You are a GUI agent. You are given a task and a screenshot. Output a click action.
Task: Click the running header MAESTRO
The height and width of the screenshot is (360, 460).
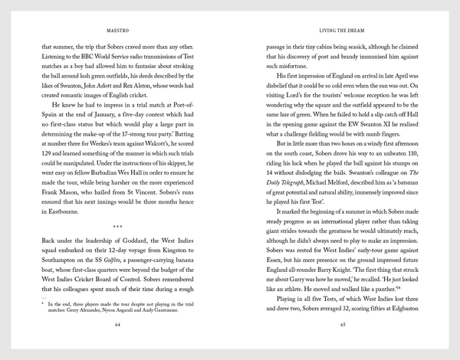[x=117, y=30]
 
